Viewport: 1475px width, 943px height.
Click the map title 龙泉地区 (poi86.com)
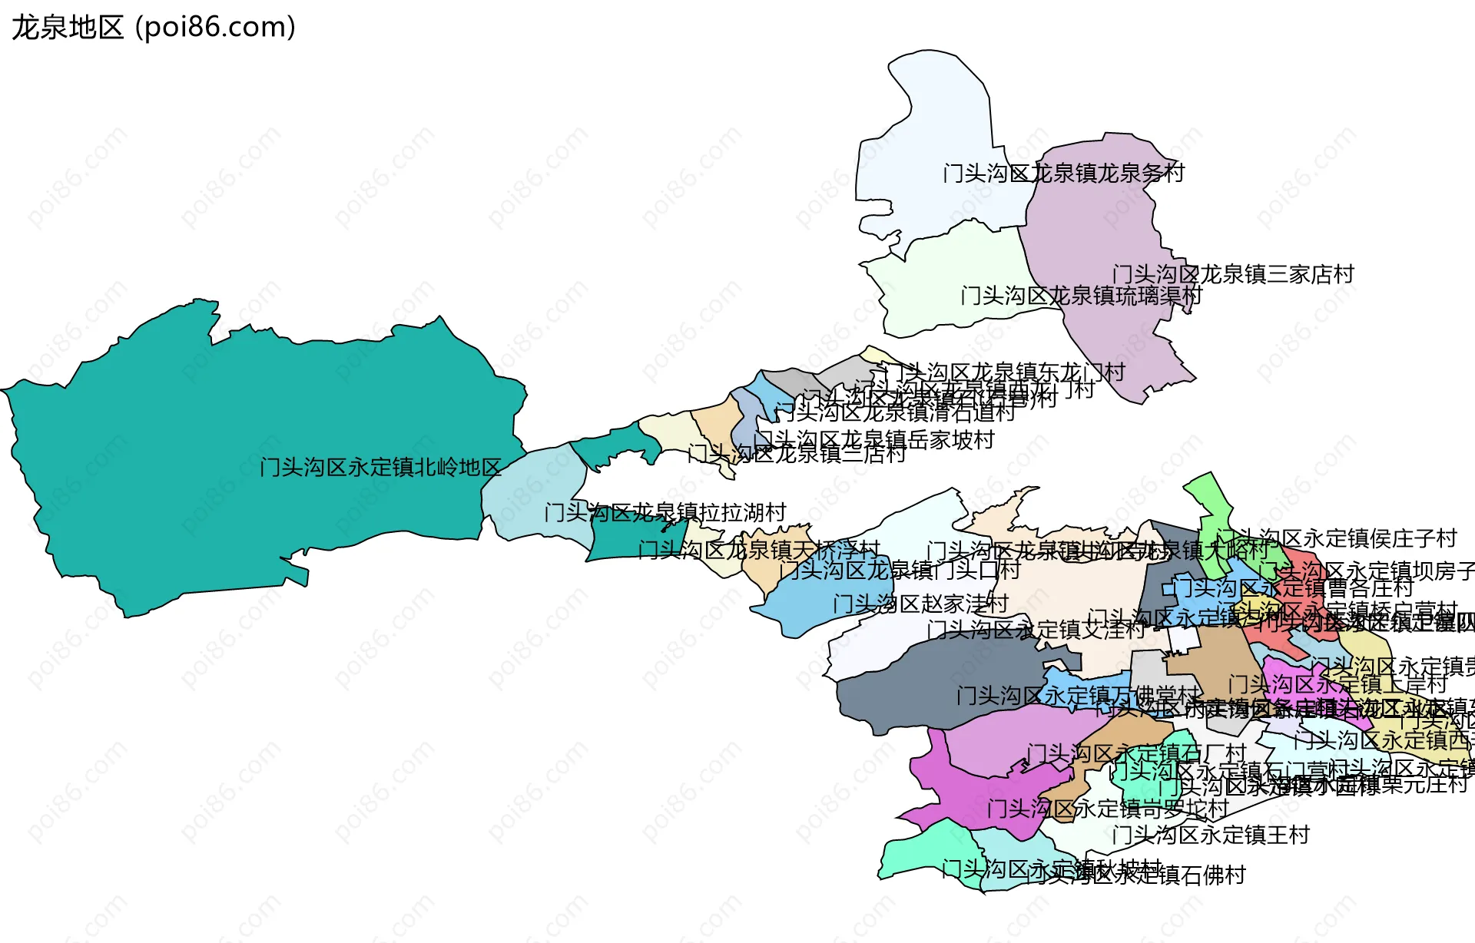click(154, 28)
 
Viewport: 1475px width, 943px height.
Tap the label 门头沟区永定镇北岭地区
click(380, 467)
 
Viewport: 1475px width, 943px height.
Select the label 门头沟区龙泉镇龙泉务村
click(1063, 174)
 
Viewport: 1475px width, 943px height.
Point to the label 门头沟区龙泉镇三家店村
click(1232, 274)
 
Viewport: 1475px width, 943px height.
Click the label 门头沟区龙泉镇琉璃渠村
click(1081, 296)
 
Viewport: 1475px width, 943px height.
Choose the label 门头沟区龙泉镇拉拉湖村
click(665, 512)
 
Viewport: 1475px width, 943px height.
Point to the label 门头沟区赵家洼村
click(920, 604)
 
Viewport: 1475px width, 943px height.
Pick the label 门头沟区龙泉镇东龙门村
click(1003, 372)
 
